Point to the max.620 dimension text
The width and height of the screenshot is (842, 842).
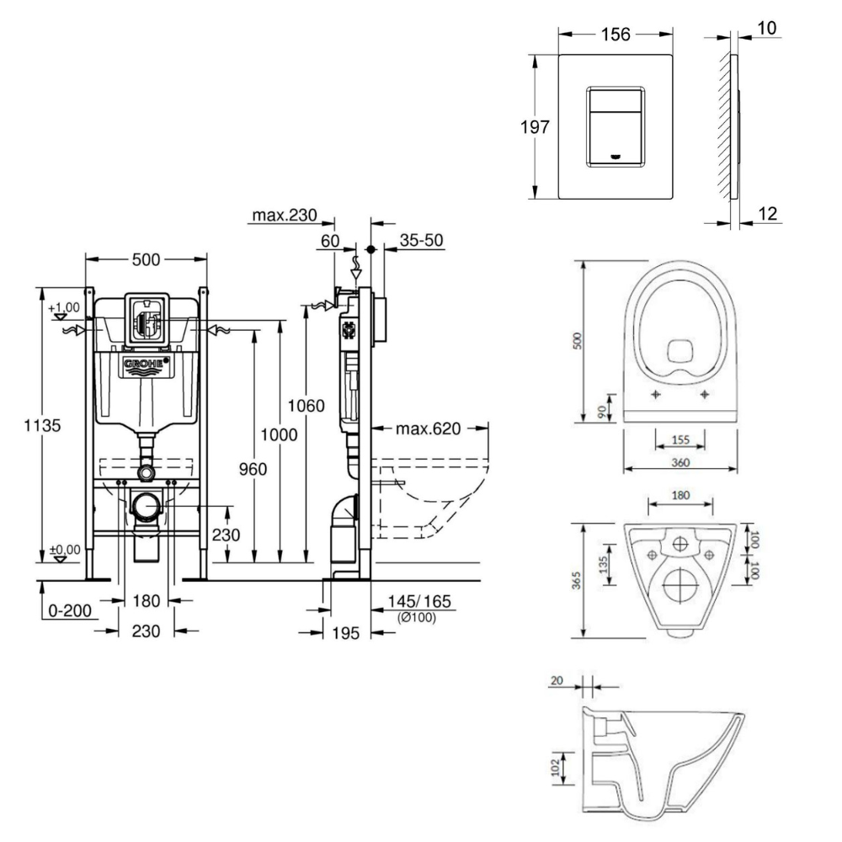coord(429,429)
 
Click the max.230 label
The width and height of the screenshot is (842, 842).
coord(284,216)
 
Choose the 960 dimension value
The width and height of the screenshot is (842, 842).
coord(250,469)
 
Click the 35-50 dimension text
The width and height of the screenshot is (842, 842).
coord(422,241)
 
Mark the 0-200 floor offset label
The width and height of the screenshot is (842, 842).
coord(72,611)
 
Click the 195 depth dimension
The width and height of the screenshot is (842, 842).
coord(346,633)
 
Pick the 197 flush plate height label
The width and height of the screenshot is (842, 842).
coord(536,127)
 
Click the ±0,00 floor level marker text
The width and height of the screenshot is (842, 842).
coord(65,550)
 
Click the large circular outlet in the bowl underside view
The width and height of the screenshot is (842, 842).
coord(682,583)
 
